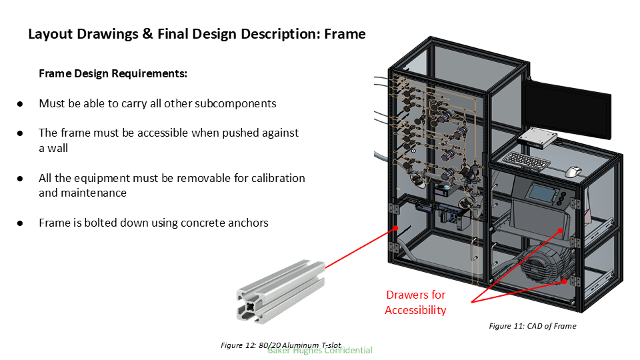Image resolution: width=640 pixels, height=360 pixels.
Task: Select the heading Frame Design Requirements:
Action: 113,73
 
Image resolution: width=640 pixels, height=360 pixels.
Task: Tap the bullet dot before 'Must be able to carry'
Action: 20,104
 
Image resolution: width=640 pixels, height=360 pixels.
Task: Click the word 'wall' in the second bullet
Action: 53,148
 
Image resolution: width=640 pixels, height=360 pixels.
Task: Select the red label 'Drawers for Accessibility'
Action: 415,302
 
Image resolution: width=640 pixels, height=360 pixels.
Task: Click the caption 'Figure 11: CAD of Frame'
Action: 532,326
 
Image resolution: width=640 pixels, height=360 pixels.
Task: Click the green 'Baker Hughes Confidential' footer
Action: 320,350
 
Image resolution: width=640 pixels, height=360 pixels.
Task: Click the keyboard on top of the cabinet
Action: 527,160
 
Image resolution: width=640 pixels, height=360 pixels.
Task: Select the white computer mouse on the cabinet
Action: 573,172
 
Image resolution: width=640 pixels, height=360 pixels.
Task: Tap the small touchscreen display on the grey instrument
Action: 539,193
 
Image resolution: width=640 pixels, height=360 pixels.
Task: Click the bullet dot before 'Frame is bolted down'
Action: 20,223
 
